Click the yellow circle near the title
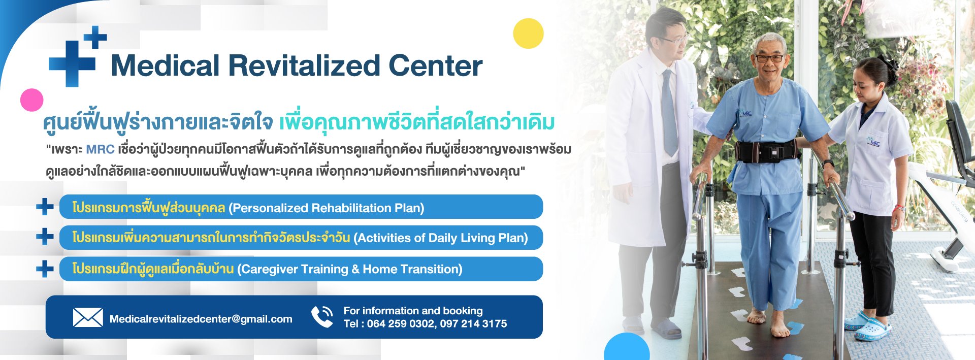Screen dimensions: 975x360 pos(528,34)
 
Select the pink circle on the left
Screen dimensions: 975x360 pos(31,100)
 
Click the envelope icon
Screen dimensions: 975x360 pos(88,317)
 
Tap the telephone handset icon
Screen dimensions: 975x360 pos(322,316)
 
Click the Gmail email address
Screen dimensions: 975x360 pos(201,319)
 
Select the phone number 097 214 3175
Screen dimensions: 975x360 pos(473,323)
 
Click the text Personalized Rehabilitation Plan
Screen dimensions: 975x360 pos(326,208)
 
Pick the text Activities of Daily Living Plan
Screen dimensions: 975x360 pos(441,238)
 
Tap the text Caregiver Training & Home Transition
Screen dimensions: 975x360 pos(350,269)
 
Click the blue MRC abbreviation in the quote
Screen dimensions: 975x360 pos(100,149)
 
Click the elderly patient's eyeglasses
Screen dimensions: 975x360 pos(769,58)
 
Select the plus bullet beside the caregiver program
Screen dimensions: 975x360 pos(45,269)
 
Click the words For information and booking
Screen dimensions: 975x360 pos(413,310)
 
